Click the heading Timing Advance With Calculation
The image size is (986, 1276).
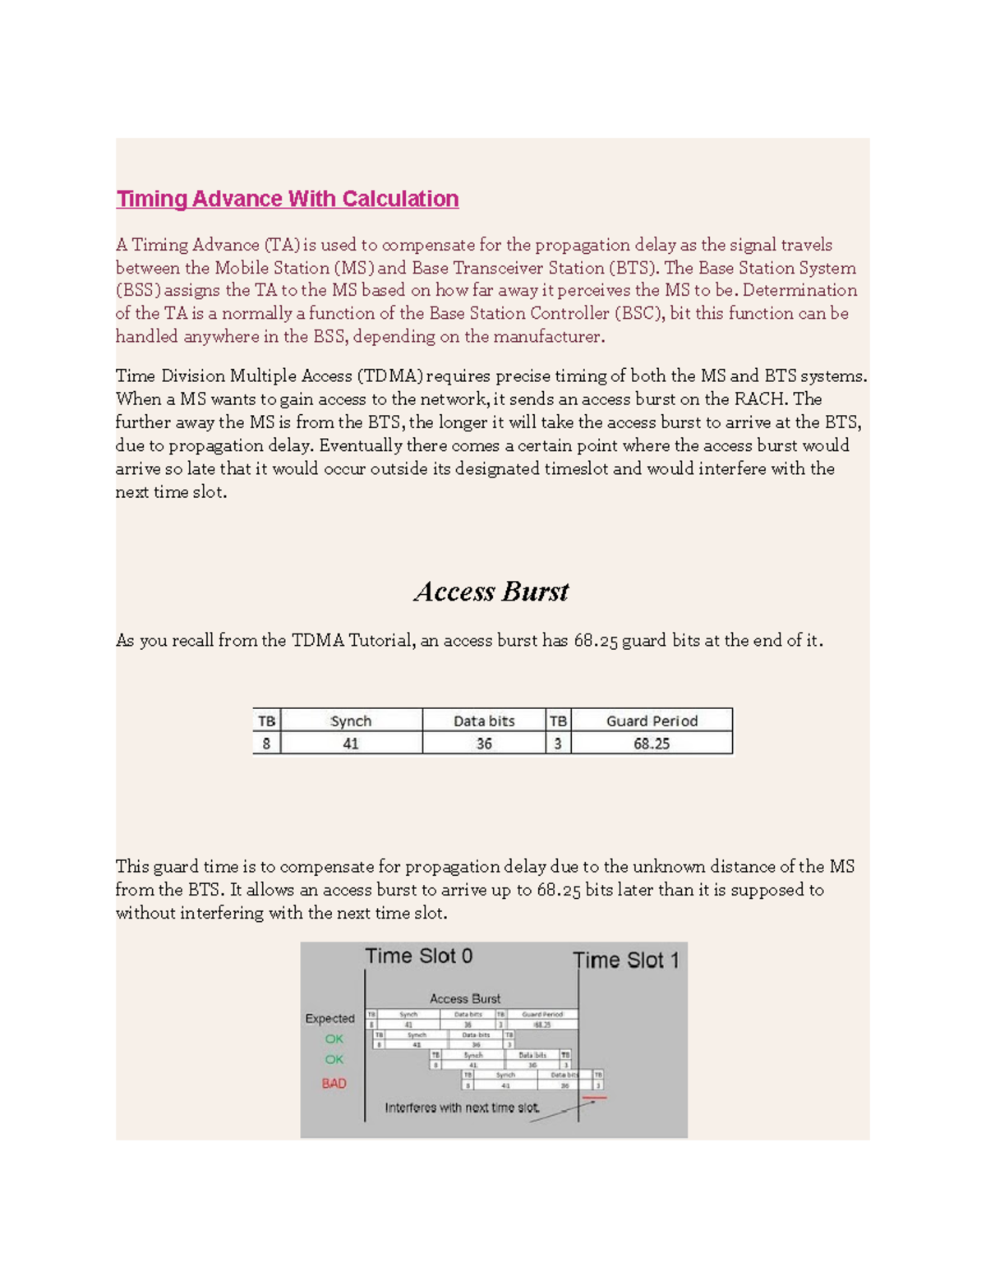pyautogui.click(x=287, y=199)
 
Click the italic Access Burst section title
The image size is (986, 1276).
pyautogui.click(x=491, y=592)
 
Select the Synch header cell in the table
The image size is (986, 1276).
pyautogui.click(x=351, y=721)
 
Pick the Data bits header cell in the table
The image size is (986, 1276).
pyautogui.click(x=484, y=721)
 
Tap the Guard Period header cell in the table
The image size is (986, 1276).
pyautogui.click(x=652, y=721)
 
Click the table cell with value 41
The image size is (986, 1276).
pyautogui.click(x=351, y=744)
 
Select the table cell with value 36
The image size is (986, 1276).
pyautogui.click(x=484, y=744)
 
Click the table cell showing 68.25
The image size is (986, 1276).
pyautogui.click(x=652, y=744)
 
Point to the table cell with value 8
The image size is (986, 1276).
pyautogui.click(x=266, y=744)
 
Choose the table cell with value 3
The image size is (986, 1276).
pyautogui.click(x=558, y=744)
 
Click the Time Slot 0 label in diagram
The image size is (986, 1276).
pyautogui.click(x=419, y=956)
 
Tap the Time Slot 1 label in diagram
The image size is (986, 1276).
pyautogui.click(x=626, y=960)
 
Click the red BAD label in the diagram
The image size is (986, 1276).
pyautogui.click(x=334, y=1084)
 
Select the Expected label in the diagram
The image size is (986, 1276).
pyautogui.click(x=329, y=1019)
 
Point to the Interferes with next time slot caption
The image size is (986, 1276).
pyautogui.click(x=463, y=1108)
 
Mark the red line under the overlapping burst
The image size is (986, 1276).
pyautogui.click(x=594, y=1097)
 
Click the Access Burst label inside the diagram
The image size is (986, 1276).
pyautogui.click(x=465, y=999)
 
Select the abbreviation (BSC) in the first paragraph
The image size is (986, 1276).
pyautogui.click(x=639, y=314)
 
